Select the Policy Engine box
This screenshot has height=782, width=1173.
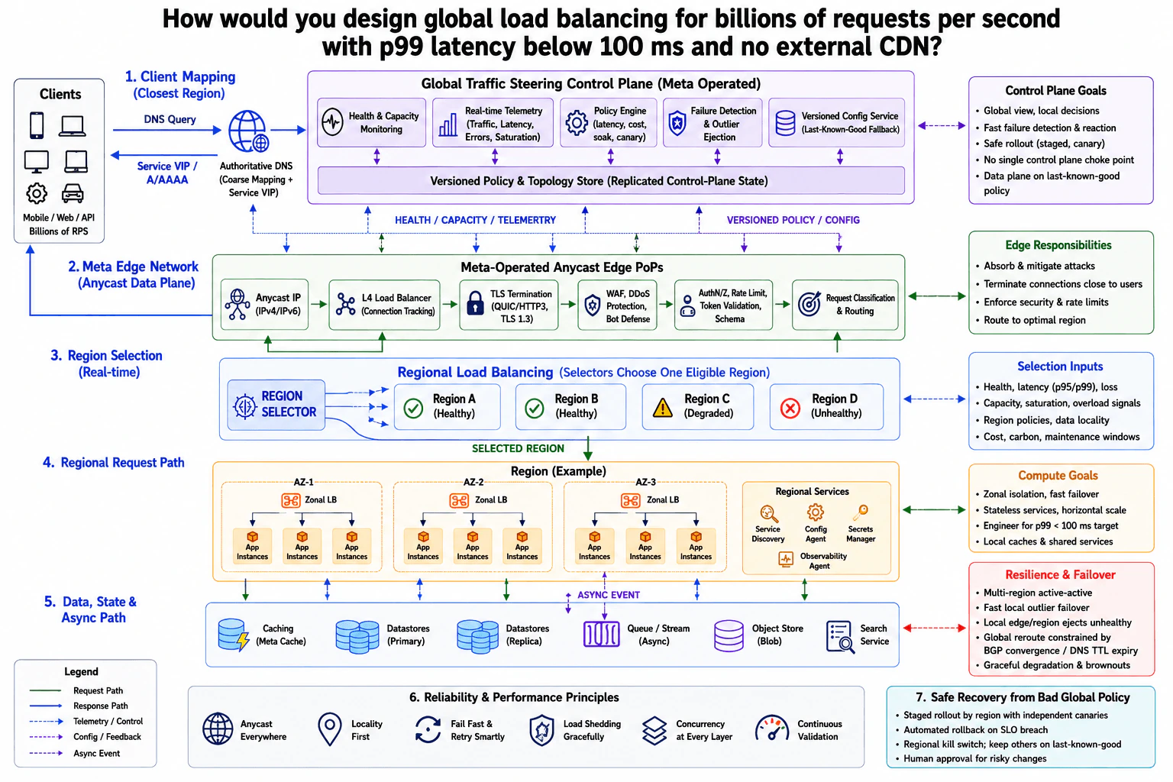pos(608,122)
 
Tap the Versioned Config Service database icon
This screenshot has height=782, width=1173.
pos(785,123)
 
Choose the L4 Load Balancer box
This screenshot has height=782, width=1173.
pos(384,304)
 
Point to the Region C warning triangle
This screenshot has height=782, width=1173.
pos(662,407)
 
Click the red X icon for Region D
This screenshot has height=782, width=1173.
pos(790,408)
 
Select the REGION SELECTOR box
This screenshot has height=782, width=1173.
pos(276,405)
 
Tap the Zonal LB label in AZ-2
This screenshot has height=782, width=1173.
pos(491,499)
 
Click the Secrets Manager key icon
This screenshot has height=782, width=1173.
pos(861,512)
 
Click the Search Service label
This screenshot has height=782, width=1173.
pos(874,635)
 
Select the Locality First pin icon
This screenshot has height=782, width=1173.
pos(329,729)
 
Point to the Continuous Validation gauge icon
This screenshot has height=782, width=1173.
pos(771,729)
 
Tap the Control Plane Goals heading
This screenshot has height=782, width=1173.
pos(1055,91)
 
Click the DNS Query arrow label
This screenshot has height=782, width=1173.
pos(170,119)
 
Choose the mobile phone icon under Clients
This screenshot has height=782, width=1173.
pos(37,126)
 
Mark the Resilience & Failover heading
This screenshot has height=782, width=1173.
pos(1060,574)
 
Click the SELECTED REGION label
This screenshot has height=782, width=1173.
pos(518,448)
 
